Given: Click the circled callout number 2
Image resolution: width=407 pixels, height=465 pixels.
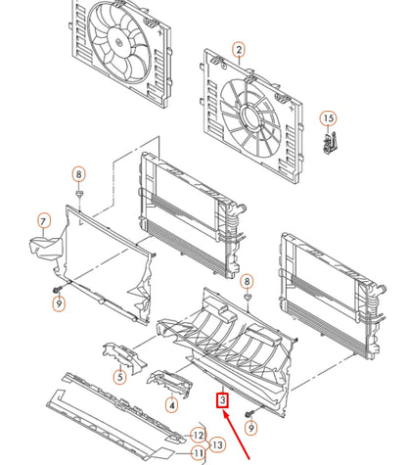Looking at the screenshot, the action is [x=239, y=50].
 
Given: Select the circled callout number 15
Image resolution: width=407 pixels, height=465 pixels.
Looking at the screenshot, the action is [x=329, y=118].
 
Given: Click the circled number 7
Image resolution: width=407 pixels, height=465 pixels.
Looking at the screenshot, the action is [x=44, y=221].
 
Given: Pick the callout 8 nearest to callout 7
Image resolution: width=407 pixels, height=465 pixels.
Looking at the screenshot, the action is [x=78, y=174].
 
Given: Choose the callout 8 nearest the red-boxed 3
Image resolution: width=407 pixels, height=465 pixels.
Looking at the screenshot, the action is [x=247, y=281].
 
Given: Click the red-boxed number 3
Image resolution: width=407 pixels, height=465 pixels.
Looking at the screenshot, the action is [x=222, y=400].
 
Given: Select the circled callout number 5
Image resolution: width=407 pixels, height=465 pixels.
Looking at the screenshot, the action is [x=120, y=377].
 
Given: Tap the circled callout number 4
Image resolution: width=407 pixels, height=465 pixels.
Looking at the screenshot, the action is [x=172, y=405].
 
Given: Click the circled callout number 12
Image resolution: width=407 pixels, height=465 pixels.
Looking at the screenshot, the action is [x=199, y=435].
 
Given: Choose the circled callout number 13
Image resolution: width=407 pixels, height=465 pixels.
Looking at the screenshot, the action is [x=217, y=444].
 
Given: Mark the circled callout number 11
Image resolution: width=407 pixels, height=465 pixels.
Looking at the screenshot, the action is [x=199, y=453].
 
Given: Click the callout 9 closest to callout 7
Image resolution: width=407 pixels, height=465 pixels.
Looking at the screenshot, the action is [x=59, y=303].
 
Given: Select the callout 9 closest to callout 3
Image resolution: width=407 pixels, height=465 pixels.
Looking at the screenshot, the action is [x=250, y=428].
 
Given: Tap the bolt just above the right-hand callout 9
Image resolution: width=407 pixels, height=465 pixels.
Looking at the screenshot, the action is [x=249, y=414].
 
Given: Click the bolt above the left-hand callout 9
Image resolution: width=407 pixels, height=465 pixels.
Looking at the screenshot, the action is [x=58, y=289].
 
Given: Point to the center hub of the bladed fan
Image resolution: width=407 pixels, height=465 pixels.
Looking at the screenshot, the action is [x=118, y=42].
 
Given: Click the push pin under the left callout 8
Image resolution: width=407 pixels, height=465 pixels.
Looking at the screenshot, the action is [x=79, y=195].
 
